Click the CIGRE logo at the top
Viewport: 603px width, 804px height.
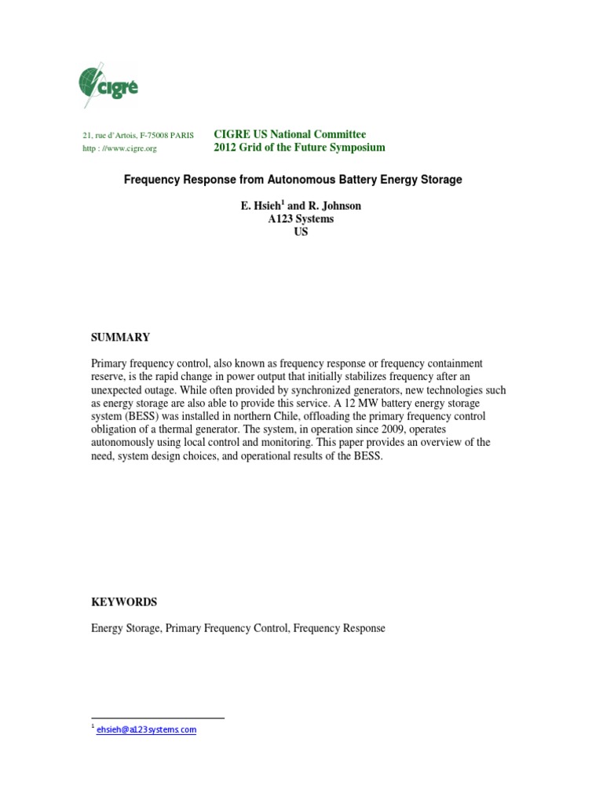click(108, 85)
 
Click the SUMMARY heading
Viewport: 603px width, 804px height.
click(120, 338)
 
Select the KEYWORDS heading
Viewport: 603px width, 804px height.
click(124, 602)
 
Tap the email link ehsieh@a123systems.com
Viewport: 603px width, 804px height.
click(146, 730)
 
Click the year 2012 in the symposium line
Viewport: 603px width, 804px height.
click(227, 148)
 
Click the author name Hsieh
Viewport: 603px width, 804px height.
click(264, 206)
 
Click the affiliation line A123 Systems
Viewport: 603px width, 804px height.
click(301, 219)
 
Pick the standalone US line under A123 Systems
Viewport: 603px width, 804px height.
click(301, 232)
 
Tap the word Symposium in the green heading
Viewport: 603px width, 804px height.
click(352, 148)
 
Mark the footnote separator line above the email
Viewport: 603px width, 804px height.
click(158, 718)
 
